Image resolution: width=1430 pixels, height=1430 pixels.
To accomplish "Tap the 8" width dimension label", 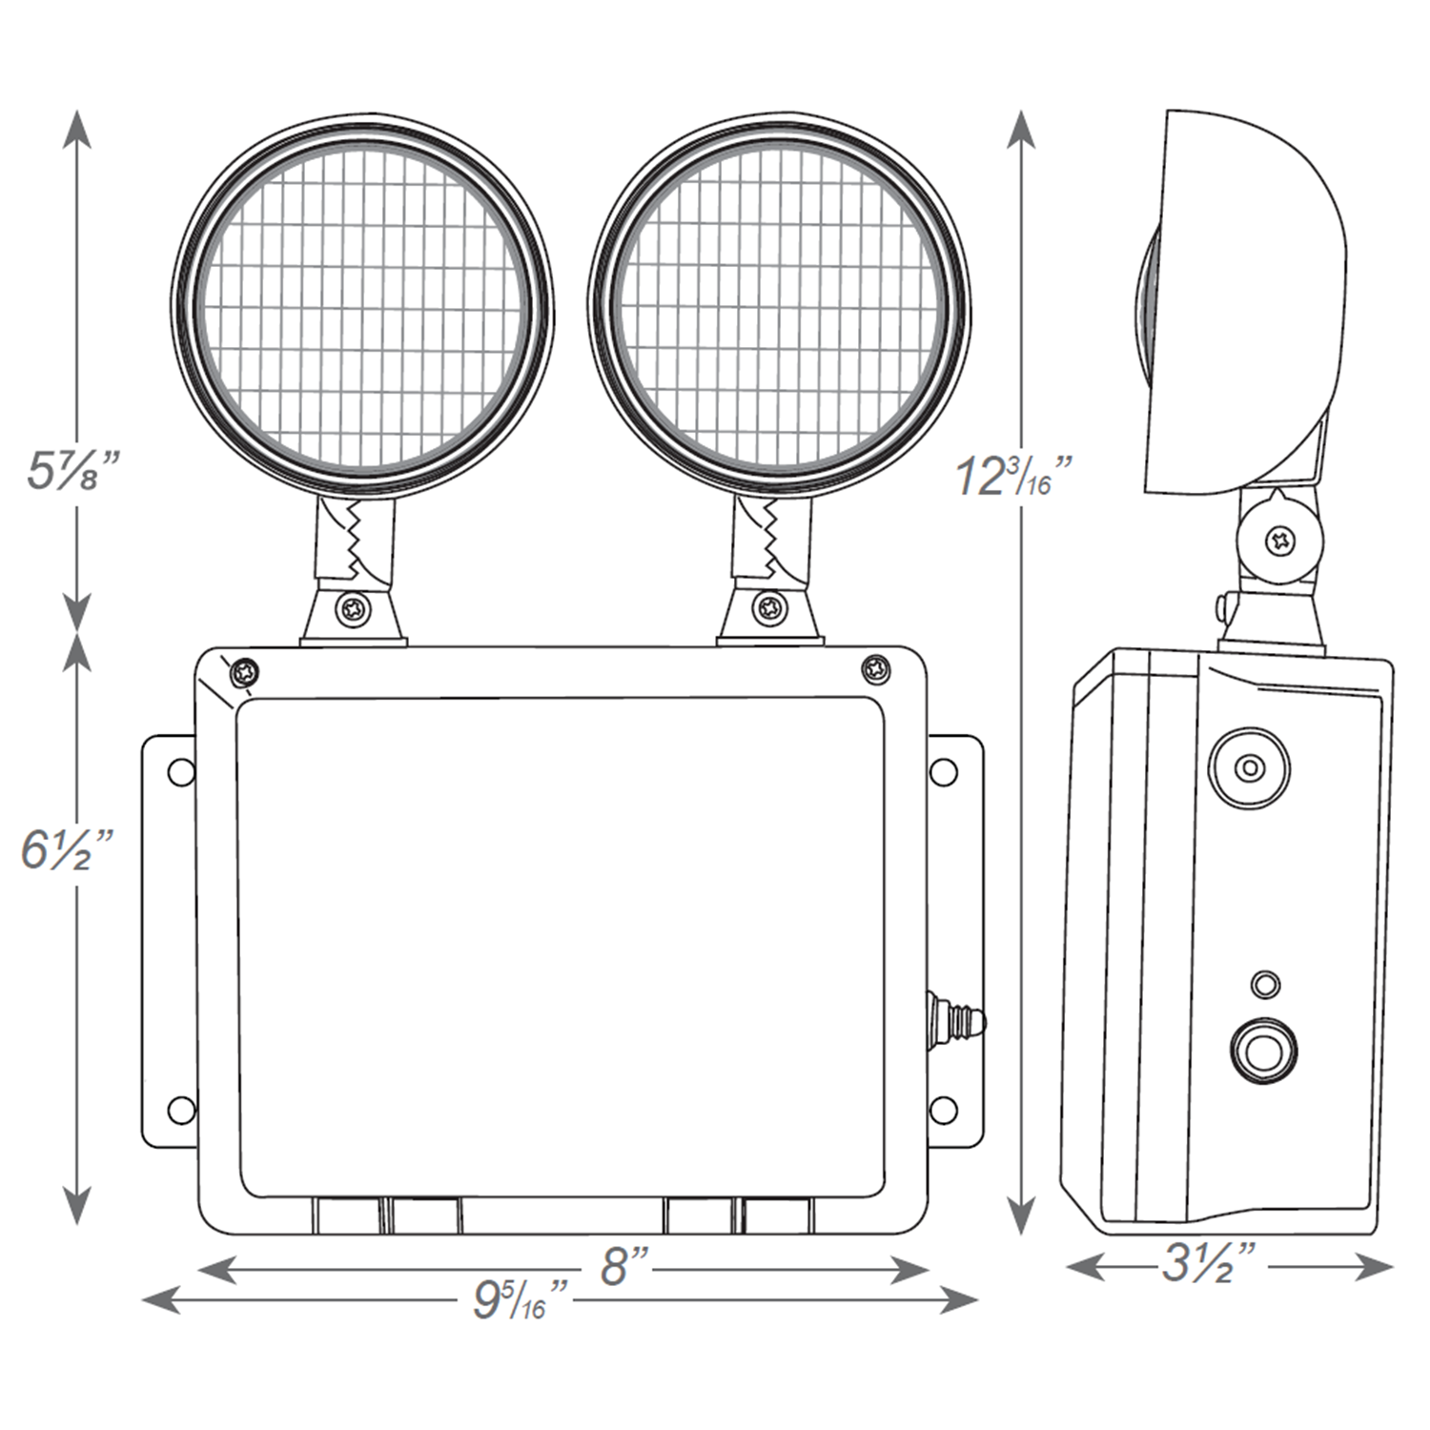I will pos(623,1267).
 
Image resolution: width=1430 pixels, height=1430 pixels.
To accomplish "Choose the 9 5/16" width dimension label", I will pos(521,1300).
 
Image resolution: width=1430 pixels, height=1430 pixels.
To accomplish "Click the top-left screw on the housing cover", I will pos(245,672).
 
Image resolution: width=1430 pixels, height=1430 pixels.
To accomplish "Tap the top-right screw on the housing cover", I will pos(875,669).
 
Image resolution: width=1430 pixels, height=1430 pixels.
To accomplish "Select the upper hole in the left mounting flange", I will pos(180,772).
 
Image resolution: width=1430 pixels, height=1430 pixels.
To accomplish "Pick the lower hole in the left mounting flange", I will pos(180,1109).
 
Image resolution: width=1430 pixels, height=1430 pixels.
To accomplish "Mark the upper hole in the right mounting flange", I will pos(943,772).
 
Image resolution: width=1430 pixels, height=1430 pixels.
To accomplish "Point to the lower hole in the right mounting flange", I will pos(943,1109).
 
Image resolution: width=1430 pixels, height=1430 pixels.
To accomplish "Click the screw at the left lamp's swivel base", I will pos(354,609).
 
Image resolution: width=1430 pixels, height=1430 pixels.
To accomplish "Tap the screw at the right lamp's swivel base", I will pos(769,607).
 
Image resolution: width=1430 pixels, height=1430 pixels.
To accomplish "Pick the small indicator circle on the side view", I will pos(1265,985).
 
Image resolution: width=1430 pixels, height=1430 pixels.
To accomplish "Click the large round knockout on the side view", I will pos(1249,767).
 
